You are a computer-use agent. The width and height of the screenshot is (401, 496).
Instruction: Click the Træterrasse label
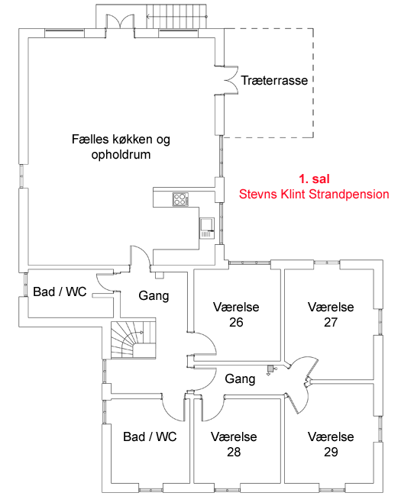(x=274, y=80)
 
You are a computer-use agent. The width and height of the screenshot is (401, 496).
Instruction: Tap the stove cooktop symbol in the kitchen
(x=180, y=199)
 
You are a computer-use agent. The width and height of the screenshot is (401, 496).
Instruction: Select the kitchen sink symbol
(x=207, y=228)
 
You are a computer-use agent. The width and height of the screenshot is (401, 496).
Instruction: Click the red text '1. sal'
(x=314, y=179)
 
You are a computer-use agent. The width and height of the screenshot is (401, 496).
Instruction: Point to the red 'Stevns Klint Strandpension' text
(x=314, y=194)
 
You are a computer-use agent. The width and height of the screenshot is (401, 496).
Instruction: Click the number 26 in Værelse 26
(x=236, y=322)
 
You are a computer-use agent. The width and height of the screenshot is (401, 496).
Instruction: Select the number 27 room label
(x=331, y=322)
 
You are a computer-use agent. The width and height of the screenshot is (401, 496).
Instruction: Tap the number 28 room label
(x=234, y=452)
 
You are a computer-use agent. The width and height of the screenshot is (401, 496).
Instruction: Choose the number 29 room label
(x=331, y=452)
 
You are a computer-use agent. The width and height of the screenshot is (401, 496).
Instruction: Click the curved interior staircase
(x=134, y=340)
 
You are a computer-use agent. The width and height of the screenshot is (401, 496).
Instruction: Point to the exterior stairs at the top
(x=176, y=17)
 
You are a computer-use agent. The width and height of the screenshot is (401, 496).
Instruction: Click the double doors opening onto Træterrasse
(x=228, y=80)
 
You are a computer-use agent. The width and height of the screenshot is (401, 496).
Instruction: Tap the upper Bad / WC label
(x=60, y=291)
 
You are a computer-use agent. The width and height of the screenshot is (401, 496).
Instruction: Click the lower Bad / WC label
(x=150, y=436)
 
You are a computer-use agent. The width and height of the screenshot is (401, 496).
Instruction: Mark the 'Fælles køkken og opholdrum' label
(x=121, y=147)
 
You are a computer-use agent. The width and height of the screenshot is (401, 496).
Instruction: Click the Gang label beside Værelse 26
(x=154, y=295)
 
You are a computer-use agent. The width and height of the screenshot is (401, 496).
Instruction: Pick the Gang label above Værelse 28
(x=240, y=379)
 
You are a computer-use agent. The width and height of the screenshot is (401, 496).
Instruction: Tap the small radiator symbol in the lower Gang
(x=270, y=369)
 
